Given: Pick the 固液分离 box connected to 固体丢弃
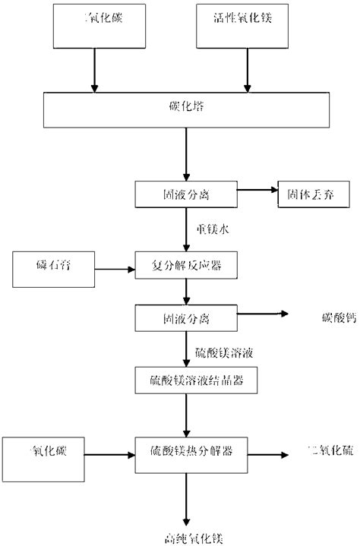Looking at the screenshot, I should (187, 194).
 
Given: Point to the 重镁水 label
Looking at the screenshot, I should (207, 229).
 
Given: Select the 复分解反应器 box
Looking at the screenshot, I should (187, 267).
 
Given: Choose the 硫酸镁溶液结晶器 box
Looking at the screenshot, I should (187, 377).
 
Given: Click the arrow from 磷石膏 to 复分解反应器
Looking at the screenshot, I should (113, 267).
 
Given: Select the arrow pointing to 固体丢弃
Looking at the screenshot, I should (257, 194).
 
